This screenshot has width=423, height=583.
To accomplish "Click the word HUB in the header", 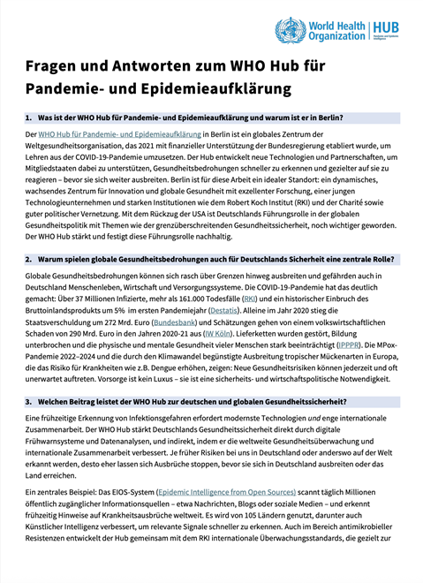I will [x=389, y=26].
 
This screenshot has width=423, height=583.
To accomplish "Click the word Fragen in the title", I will [x=57, y=68].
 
